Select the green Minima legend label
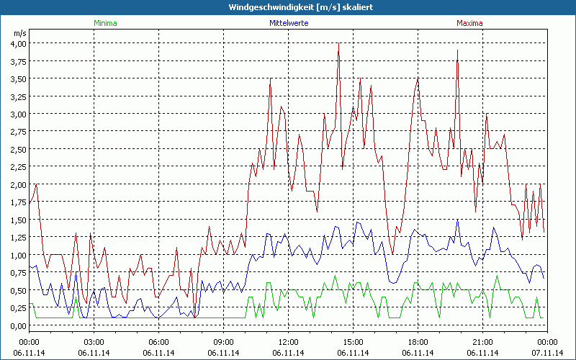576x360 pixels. (x=105, y=23)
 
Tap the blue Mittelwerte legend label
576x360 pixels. (x=288, y=23)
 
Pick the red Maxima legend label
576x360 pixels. (x=469, y=23)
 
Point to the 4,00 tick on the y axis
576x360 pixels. (x=18, y=43)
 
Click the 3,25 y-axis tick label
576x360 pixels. (x=18, y=96)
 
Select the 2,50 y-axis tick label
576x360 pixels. (x=18, y=149)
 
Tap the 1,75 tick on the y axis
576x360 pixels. (x=18, y=202)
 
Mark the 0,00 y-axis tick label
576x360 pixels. (x=18, y=325)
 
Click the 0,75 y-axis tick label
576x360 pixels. (x=18, y=273)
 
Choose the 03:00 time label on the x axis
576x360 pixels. (x=94, y=342)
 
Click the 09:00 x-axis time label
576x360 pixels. (x=224, y=342)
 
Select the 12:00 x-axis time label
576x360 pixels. (x=288, y=342)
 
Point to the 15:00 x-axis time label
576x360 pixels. (x=353, y=342)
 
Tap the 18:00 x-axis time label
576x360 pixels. (x=418, y=342)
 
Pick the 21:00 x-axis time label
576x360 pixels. (x=482, y=342)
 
